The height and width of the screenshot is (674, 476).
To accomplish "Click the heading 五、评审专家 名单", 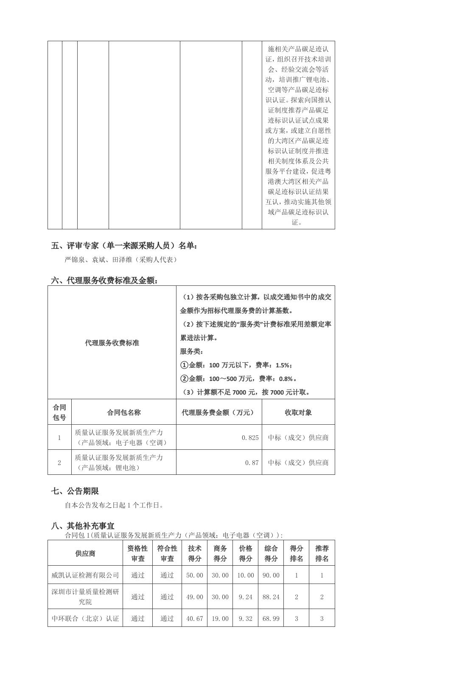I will [124, 245].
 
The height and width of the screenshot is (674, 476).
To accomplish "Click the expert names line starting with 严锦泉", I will [120, 259].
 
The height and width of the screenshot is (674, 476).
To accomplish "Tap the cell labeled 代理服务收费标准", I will [112, 343].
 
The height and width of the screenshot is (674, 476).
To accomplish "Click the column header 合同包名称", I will [124, 412].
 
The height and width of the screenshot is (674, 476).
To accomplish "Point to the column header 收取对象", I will [298, 412].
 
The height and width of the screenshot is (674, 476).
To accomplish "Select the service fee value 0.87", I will [252, 462].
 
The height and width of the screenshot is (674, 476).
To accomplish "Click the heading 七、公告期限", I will [75, 491].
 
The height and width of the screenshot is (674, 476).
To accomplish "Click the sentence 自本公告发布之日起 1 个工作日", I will [114, 505].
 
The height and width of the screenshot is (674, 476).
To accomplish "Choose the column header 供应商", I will [85, 553].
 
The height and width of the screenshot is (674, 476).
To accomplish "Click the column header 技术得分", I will [195, 553].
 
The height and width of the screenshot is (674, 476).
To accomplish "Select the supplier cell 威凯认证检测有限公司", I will [85, 575].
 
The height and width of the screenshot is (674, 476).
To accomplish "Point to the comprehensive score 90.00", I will [271, 575].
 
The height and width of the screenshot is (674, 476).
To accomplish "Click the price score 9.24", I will [246, 597].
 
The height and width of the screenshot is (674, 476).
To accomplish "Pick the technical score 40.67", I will [195, 618].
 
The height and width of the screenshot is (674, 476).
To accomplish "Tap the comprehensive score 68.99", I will [271, 618].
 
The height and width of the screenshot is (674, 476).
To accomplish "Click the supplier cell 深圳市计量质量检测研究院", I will [85, 597].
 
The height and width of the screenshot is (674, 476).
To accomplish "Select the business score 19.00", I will [220, 618].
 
